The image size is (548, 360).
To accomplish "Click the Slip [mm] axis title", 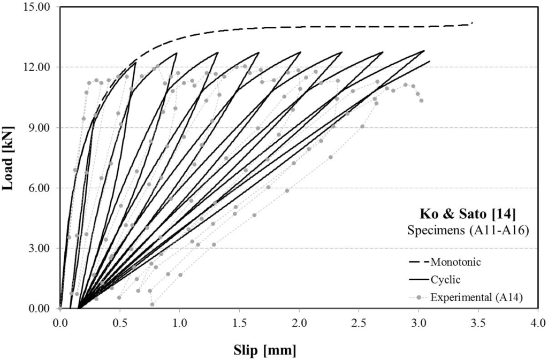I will coord(265,350).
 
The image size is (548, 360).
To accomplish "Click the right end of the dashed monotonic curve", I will coord(473,23).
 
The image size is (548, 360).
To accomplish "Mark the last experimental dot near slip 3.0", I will coord(421,100).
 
